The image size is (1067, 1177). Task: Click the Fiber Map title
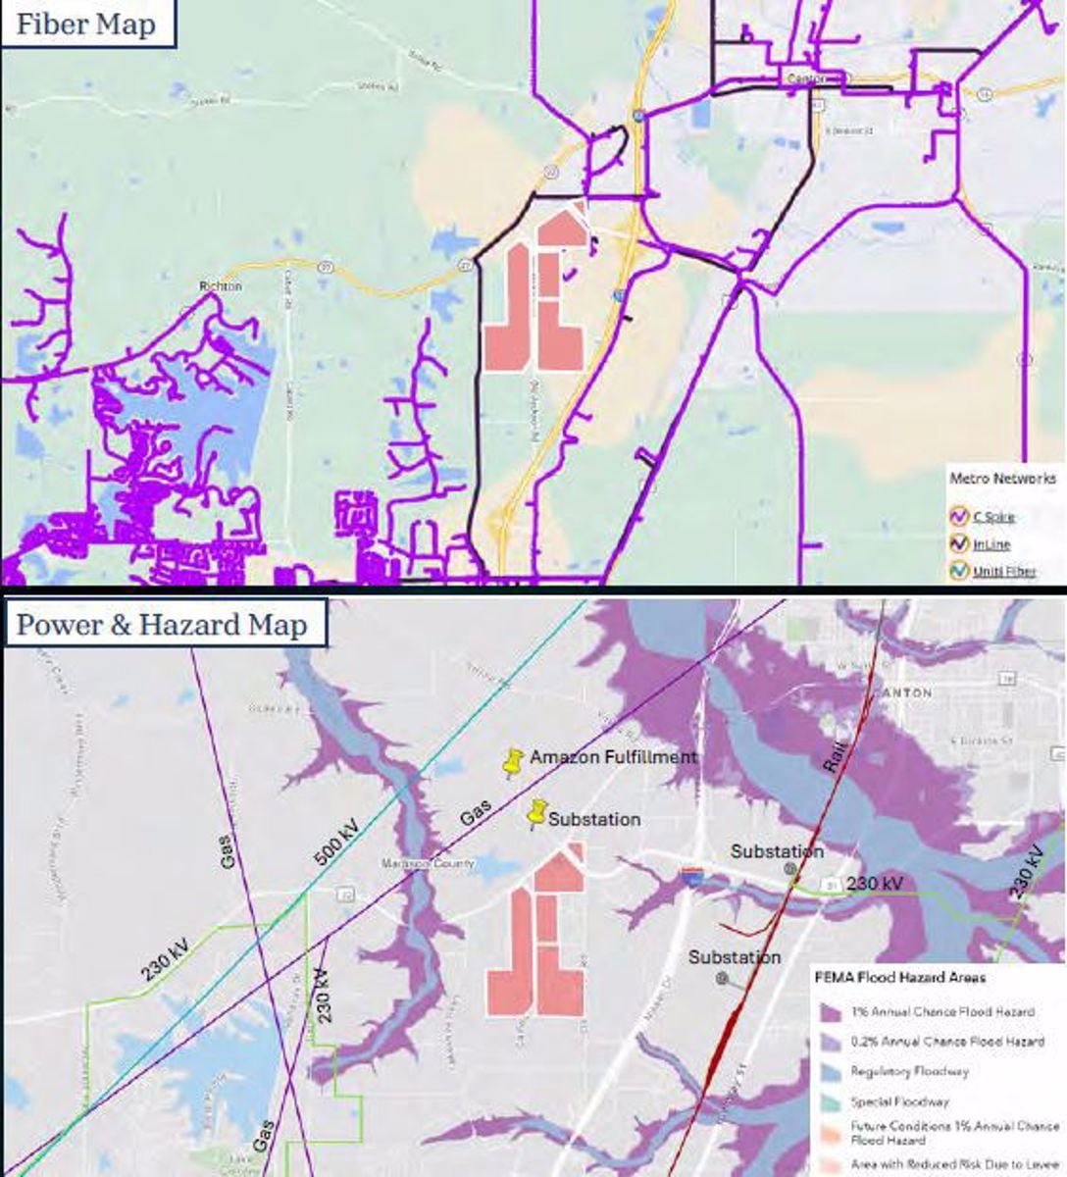pos(86,25)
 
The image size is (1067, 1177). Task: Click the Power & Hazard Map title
pos(162,625)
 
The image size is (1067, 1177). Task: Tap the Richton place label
pos(220,285)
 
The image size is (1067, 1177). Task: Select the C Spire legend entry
pos(992,516)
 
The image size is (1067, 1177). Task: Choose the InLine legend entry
pos(991,543)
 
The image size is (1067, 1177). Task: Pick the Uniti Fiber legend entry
pos(1003,571)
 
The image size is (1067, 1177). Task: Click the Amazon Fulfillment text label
pos(614,756)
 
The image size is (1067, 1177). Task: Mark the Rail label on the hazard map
pos(835,753)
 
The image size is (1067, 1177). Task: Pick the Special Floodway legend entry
pos(899,1101)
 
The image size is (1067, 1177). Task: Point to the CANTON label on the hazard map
pos(904,692)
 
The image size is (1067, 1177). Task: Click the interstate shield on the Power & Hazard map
pos(691,877)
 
